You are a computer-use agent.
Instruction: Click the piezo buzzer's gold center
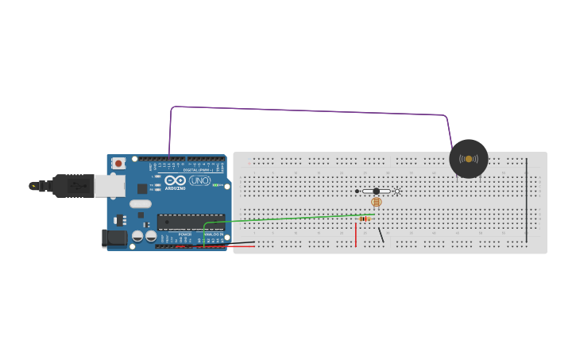coord(469,159)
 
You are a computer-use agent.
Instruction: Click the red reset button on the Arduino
coord(118,164)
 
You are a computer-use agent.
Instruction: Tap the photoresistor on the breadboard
coord(377,202)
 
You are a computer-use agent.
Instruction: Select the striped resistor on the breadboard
coord(365,219)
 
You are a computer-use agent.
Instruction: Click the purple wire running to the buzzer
coord(310,110)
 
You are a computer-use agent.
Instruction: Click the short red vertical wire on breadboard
coord(356,234)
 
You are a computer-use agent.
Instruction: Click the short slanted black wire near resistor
coord(381,234)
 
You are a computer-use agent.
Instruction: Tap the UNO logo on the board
coord(199,182)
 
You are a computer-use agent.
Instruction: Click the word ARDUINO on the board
coord(176,188)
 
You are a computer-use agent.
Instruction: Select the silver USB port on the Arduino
coord(110,186)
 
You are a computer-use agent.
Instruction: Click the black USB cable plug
coord(72,186)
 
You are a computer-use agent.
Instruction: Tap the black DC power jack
coord(115,238)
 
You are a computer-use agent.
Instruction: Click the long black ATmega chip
coord(189,222)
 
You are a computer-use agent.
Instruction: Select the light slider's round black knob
coord(377,191)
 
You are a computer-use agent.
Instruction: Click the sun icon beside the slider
coord(396,191)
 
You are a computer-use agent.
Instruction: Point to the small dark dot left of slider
coord(358,191)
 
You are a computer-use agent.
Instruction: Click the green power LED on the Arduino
coord(215,185)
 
